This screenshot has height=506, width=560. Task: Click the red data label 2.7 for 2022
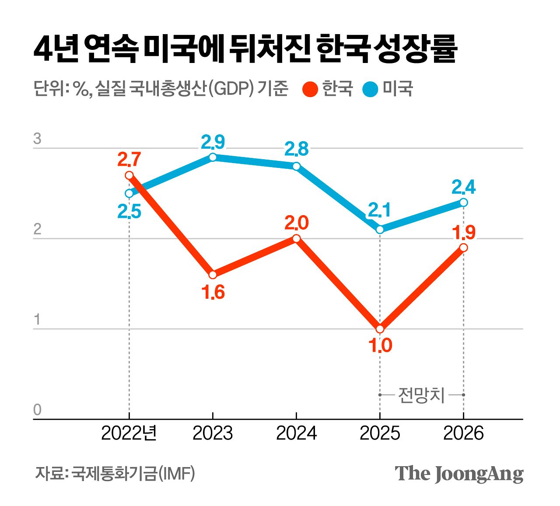click(x=129, y=160)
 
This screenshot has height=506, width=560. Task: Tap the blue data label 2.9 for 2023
click(x=213, y=142)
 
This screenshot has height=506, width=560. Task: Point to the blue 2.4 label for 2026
click(x=463, y=187)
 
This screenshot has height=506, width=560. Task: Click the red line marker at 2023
click(x=213, y=275)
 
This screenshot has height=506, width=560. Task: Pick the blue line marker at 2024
click(x=296, y=166)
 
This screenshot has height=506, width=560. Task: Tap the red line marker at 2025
click(x=380, y=329)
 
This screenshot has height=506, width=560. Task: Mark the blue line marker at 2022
click(x=129, y=193)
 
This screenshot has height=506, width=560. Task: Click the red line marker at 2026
click(x=464, y=248)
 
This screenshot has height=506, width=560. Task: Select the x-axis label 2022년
click(x=129, y=433)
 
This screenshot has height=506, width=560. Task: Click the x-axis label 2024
click(x=296, y=433)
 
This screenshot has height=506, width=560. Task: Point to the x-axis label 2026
click(x=463, y=433)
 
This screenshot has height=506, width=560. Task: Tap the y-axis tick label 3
click(x=38, y=139)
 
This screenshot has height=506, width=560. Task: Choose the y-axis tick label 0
click(x=38, y=410)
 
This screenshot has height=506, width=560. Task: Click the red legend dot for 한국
click(x=310, y=90)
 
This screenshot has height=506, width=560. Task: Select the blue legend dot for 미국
click(x=370, y=90)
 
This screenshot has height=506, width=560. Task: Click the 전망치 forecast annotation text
click(x=421, y=395)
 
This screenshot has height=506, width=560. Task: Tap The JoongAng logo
click(x=459, y=474)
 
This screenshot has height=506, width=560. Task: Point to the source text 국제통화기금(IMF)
click(x=133, y=473)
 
